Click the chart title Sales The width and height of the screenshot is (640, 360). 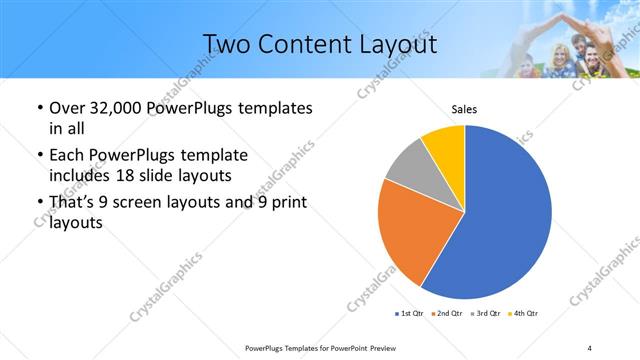[x=463, y=109]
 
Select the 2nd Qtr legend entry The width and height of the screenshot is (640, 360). [x=447, y=314]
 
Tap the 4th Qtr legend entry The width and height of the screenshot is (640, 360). [x=524, y=314]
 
